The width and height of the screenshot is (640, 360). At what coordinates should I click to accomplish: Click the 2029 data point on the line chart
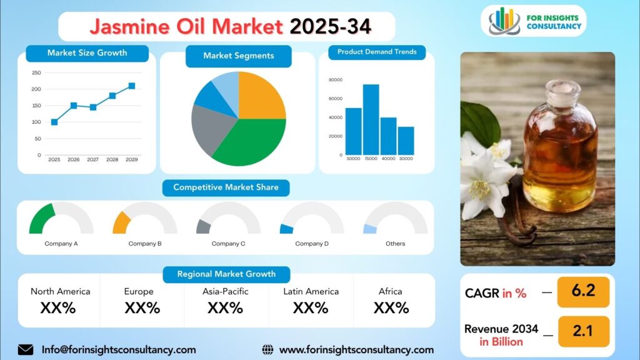coord(132,86)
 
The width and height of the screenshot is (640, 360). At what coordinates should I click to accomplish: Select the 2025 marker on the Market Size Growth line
coord(54,122)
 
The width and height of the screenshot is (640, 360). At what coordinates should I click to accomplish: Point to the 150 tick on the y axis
coord(36,105)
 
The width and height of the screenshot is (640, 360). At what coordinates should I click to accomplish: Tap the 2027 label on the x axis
coord(93,159)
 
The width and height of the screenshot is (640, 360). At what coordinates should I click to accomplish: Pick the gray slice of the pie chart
coord(210,129)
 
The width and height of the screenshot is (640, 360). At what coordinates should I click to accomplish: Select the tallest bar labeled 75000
coord(371,119)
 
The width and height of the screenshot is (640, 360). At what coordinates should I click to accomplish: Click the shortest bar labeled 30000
coord(406,141)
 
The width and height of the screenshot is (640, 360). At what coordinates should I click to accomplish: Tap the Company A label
coord(61,244)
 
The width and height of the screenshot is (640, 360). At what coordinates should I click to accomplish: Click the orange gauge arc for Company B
coord(121,223)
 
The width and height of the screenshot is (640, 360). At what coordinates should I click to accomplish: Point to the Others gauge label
coord(396,244)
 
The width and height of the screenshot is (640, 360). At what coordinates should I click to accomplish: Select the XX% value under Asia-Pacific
coord(225,307)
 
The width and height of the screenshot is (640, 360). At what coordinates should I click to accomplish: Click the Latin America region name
coord(311,291)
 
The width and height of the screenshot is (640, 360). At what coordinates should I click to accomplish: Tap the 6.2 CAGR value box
coord(583,292)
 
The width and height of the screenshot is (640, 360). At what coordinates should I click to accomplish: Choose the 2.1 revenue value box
coord(583,331)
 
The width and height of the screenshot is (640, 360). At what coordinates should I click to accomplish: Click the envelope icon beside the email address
coord(26,350)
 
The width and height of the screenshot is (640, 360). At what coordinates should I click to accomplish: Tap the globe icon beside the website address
coord(267,350)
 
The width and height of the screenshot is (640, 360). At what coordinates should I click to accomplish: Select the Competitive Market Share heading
coord(226,187)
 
